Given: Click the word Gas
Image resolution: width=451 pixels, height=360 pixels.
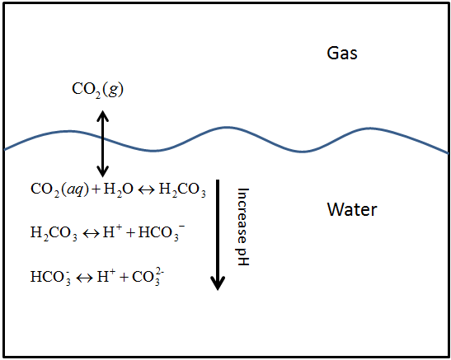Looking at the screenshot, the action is (342, 54).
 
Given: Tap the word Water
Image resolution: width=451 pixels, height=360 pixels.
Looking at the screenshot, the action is (352, 209).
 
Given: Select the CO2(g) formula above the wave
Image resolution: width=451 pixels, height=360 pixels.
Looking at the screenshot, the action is (98, 90).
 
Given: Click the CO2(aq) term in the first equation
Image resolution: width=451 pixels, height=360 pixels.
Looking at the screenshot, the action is (59, 190).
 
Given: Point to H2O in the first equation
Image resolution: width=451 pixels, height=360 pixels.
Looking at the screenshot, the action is (118, 190).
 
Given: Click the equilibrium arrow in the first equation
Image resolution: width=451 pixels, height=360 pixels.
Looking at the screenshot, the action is (147, 190).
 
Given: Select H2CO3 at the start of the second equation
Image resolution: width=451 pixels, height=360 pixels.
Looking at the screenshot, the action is (54, 233).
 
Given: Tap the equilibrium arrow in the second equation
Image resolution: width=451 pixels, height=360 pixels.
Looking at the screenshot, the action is (91, 233).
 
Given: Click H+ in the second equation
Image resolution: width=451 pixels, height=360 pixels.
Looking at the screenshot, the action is (112, 231).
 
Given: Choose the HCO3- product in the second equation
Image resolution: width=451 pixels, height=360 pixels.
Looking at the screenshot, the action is (162, 232).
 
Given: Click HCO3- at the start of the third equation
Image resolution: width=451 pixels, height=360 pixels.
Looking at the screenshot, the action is (50, 277).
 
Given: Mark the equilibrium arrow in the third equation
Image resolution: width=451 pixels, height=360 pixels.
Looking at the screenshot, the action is (85, 278).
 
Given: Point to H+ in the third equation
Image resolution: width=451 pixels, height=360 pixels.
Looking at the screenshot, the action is (106, 276).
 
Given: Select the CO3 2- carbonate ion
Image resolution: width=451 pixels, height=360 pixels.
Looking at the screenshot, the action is (148, 277).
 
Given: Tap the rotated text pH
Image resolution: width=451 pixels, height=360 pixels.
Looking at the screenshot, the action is (242, 254).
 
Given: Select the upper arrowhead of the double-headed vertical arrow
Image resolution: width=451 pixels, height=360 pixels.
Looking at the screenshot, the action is (102, 116).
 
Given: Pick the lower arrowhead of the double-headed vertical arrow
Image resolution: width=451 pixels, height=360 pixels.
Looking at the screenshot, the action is (102, 171).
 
